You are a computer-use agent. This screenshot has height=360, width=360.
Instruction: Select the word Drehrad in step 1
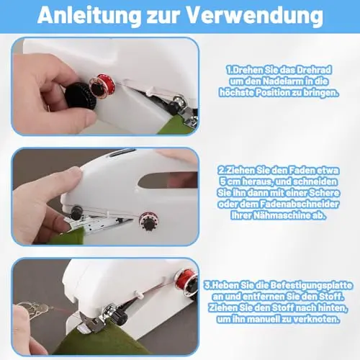[x=314, y=70]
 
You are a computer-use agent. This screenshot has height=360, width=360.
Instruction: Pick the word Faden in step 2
[x=301, y=170]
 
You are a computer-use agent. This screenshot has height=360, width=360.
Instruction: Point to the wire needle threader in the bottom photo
[x=35, y=308]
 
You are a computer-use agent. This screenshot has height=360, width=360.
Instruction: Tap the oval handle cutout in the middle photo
[x=168, y=180]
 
